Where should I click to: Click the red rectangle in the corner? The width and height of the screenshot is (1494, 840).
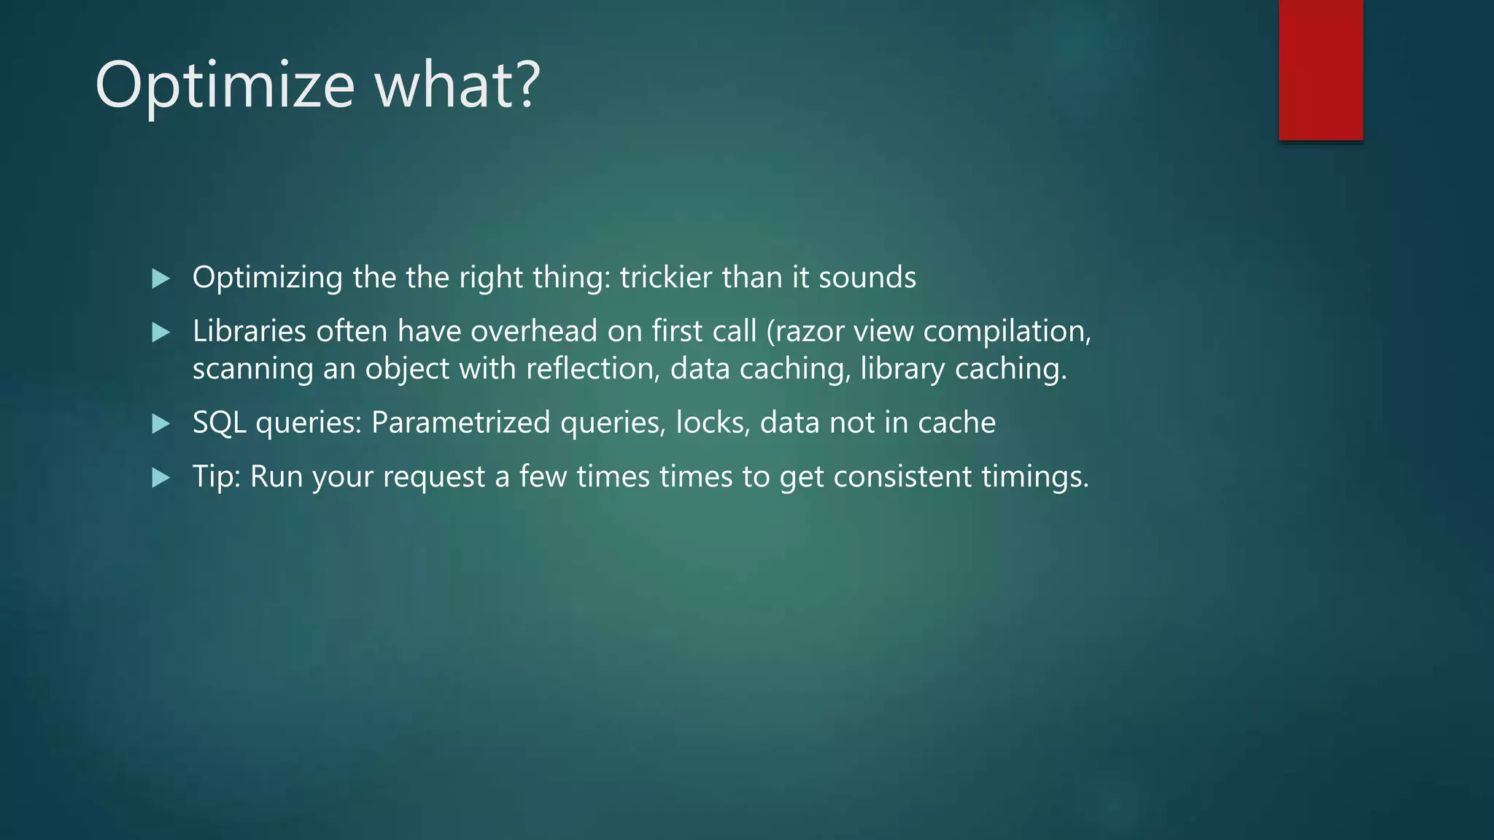(x=1320, y=70)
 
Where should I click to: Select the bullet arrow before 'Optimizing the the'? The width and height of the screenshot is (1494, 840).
(x=160, y=279)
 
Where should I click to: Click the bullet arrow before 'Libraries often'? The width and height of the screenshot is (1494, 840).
(x=160, y=333)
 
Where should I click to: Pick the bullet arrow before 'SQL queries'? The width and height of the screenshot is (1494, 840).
(x=160, y=424)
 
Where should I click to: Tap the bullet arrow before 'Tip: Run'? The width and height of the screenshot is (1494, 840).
(x=160, y=478)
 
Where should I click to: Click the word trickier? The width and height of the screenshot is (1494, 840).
(x=665, y=277)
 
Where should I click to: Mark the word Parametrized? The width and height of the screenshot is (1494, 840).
(x=460, y=422)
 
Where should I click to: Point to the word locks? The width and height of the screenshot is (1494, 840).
(x=712, y=422)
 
